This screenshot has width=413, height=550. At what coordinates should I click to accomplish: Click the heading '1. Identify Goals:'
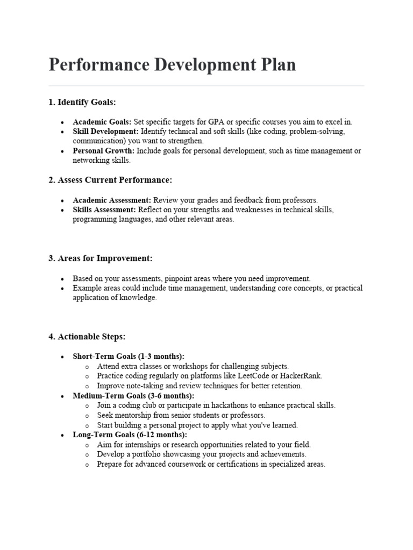click(82, 102)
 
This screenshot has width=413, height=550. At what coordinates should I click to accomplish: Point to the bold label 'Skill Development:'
click(106, 132)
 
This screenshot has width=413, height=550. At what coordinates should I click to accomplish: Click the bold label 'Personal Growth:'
click(103, 151)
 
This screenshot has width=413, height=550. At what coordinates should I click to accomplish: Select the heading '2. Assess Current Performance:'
click(110, 180)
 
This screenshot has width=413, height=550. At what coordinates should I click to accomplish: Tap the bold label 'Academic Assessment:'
click(112, 200)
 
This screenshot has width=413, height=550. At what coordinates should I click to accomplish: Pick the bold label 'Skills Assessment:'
click(105, 209)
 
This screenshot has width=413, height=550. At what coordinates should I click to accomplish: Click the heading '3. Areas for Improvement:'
click(101, 258)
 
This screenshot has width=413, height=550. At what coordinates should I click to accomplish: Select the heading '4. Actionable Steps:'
click(87, 337)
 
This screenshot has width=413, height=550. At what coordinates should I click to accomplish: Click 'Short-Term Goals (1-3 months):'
click(129, 356)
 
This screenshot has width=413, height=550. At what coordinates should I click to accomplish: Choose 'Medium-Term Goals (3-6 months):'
click(133, 395)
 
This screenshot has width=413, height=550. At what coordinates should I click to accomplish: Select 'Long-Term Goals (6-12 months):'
click(130, 435)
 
